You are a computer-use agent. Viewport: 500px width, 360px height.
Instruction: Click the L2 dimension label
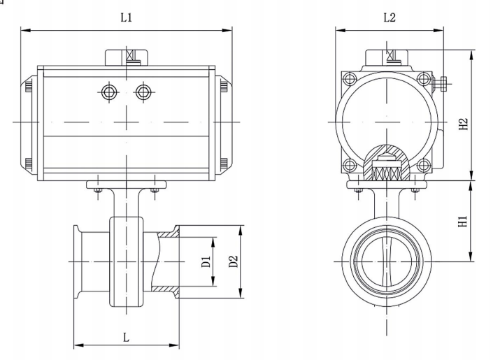pos(390,17)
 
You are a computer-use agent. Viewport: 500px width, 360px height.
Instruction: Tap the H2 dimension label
pos(464,124)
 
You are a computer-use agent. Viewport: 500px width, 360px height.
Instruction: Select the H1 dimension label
pos(462,222)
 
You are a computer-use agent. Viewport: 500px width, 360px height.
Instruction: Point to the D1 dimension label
pos(206,264)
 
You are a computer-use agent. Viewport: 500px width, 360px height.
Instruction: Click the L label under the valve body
pos(126,337)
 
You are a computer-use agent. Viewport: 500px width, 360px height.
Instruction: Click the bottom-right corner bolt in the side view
pos(423,165)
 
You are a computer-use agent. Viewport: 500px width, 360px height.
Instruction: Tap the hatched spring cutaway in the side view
pos(386,165)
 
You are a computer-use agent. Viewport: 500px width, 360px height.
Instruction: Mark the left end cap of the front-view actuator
pos(29,122)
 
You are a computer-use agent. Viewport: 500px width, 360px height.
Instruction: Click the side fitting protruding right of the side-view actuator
pos(440,85)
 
